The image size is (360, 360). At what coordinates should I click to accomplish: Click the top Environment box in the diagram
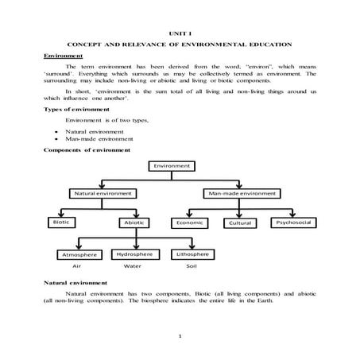(172, 166)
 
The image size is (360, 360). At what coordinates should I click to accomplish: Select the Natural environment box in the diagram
(103, 193)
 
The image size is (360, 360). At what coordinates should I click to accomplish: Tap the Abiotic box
(134, 223)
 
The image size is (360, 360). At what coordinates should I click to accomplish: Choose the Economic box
(192, 223)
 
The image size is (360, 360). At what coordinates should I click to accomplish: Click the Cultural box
(241, 223)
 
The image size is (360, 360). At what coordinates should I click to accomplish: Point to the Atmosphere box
(78, 254)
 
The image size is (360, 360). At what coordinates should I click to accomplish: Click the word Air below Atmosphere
(77, 266)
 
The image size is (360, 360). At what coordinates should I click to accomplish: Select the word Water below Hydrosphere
(133, 266)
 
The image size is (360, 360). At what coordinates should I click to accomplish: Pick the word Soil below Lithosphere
(191, 266)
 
